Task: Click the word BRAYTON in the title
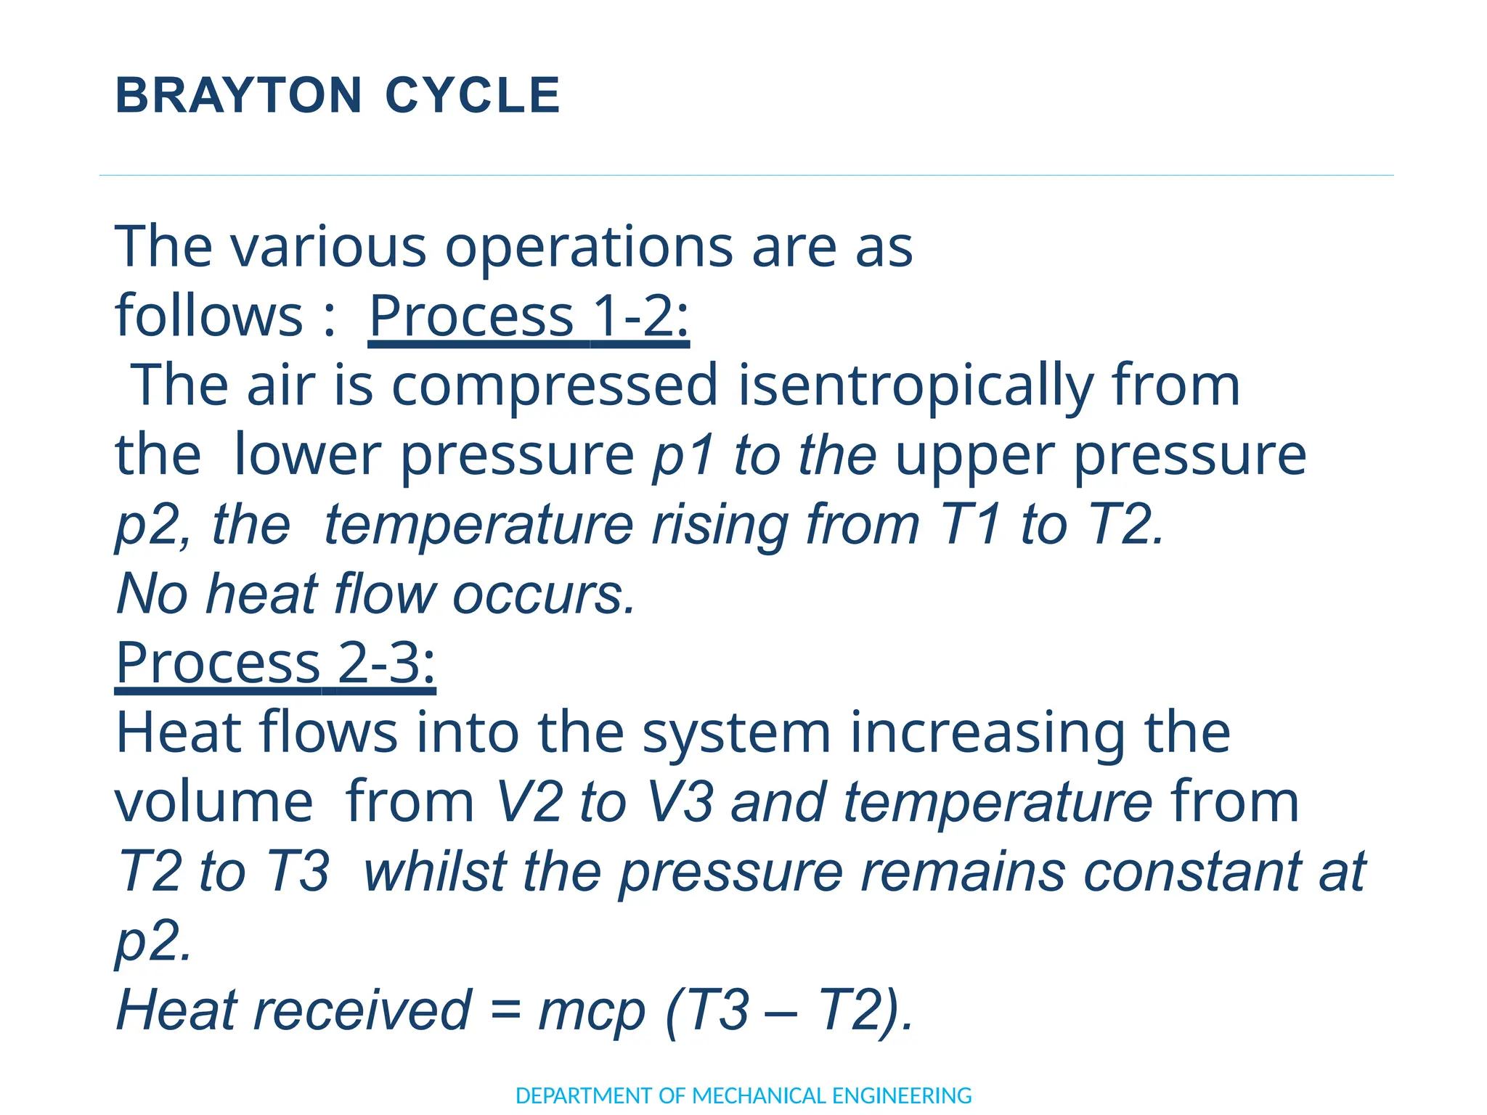(x=238, y=96)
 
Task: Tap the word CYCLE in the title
(x=473, y=96)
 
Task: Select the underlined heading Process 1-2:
(x=529, y=316)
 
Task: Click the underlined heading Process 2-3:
(x=276, y=663)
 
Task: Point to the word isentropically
(x=916, y=386)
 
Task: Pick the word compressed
(x=555, y=386)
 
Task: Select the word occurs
(x=544, y=594)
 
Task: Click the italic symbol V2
(x=529, y=802)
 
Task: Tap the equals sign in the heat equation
(x=505, y=1010)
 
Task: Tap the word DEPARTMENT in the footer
(x=584, y=1095)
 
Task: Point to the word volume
(x=214, y=802)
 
